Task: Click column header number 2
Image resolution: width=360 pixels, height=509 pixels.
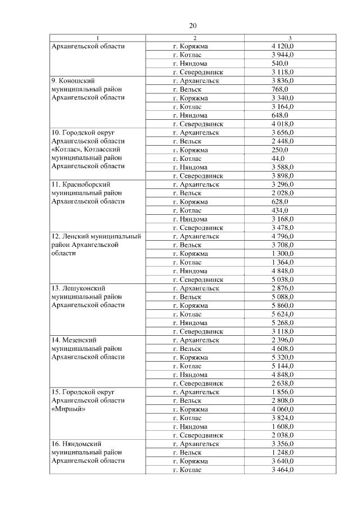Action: click(194, 38)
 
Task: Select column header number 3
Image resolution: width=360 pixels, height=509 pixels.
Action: click(290, 38)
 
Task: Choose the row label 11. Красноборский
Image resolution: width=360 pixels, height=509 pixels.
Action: click(80, 184)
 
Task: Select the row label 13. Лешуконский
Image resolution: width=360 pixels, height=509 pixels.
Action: click(78, 288)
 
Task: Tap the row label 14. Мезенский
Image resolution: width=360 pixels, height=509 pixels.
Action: click(74, 340)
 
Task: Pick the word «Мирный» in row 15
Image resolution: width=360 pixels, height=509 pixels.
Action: click(68, 409)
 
